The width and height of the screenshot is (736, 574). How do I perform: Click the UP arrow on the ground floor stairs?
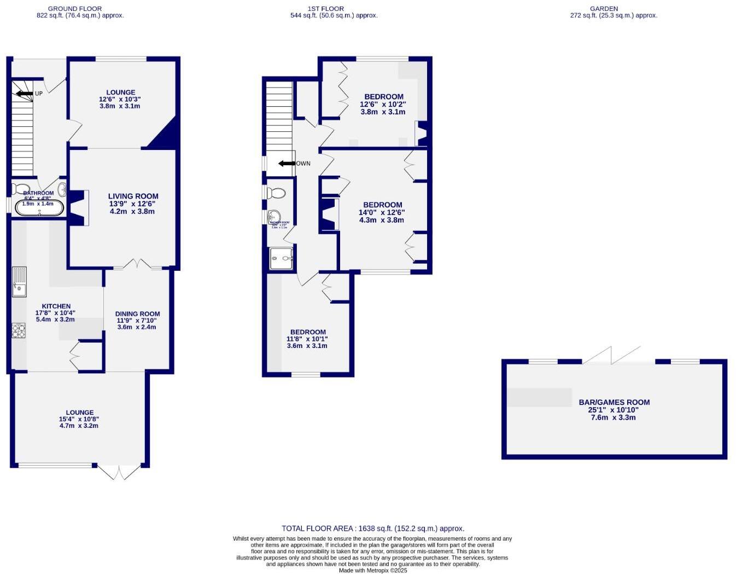(25, 94)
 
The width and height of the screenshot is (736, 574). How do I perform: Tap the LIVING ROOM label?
(133, 196)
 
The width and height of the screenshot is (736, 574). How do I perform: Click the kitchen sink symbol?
(19, 281)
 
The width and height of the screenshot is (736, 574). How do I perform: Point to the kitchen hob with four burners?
(19, 331)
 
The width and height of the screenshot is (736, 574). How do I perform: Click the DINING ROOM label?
(137, 314)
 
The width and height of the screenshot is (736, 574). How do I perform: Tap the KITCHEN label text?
(56, 306)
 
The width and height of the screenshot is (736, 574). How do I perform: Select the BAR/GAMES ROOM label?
(614, 402)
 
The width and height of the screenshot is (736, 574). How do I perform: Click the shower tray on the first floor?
(282, 258)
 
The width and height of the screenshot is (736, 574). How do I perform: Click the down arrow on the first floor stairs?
(287, 163)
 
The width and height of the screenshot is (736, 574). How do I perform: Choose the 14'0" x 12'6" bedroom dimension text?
(382, 212)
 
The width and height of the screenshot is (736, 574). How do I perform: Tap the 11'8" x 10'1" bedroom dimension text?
(307, 339)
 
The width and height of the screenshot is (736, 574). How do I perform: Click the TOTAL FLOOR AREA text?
(372, 528)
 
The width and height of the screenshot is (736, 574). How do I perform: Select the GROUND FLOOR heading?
(75, 9)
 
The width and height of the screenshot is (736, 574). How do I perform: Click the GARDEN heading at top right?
(604, 9)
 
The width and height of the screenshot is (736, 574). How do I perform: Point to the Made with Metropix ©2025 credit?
(373, 570)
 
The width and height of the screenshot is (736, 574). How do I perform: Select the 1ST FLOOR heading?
(325, 9)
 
